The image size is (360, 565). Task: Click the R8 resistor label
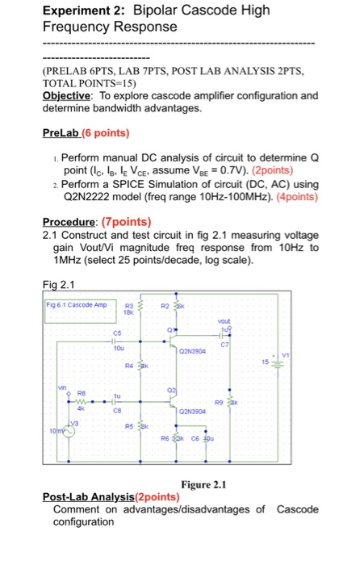coord(57,395)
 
